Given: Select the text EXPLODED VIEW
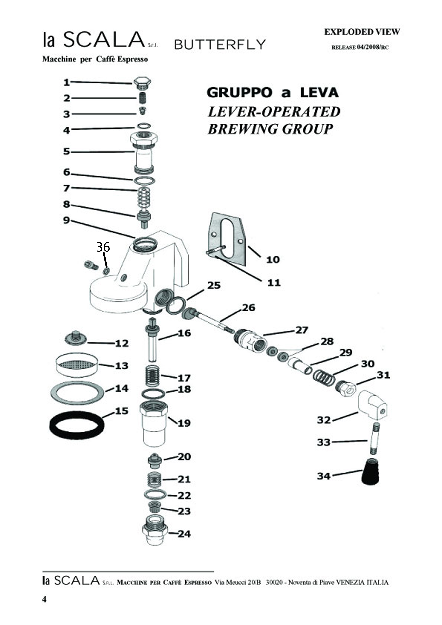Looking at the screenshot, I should [362, 32].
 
